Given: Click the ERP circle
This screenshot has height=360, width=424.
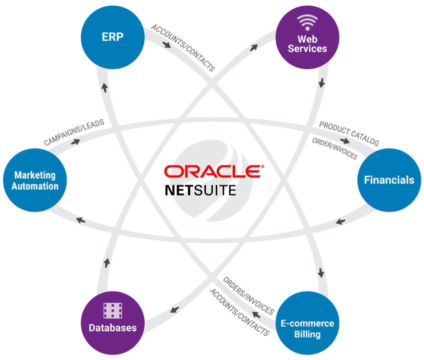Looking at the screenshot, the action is point(113,37).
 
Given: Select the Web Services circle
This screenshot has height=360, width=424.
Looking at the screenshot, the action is point(307,37).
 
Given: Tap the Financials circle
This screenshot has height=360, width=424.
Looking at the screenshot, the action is point(389,180).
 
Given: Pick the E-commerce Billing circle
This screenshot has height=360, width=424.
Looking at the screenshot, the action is point(307,323).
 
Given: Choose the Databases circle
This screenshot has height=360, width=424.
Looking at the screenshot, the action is point(113,323).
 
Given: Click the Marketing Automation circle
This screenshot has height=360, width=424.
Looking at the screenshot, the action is point(35,180).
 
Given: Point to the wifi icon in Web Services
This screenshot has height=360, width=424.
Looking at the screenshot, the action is point(307,22).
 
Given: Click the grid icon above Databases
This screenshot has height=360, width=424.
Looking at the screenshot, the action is point(113,310).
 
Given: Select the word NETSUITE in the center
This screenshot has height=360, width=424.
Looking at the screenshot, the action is point(200,190).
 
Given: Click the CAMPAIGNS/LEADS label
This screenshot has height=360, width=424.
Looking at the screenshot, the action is point(74,132).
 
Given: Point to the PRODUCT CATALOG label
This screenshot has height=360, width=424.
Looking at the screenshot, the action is point(349,133).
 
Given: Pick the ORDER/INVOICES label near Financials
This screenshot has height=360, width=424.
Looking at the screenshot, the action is point(335,148).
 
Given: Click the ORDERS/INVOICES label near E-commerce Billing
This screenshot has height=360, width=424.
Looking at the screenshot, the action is point(248,295).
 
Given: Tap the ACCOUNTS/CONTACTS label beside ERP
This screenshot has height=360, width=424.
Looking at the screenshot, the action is point(183,47).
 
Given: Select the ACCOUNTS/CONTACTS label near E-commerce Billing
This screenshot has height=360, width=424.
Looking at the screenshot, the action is point(240,312).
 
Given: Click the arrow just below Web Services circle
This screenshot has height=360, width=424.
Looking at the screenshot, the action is point(321,82).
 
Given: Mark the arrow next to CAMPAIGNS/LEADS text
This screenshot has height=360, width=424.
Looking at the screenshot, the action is point(76,141).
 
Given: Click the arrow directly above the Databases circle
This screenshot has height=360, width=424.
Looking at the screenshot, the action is point(107,263).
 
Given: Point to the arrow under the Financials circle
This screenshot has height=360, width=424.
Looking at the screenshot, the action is point(340,221).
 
